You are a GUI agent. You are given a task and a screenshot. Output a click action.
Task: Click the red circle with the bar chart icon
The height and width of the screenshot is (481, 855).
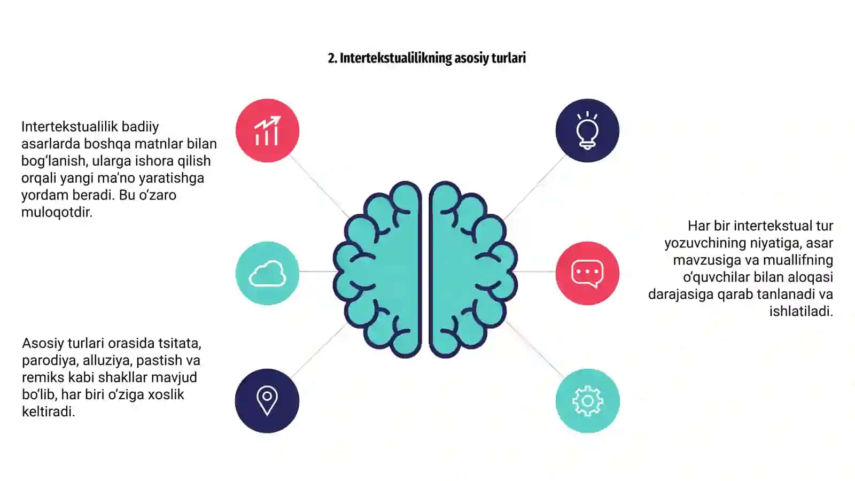pyautogui.click(x=267, y=130)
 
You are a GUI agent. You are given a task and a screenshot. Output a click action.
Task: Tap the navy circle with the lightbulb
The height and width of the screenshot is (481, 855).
pyautogui.click(x=587, y=130)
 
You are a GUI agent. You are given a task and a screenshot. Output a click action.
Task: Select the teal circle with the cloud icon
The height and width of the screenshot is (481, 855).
pyautogui.click(x=267, y=273)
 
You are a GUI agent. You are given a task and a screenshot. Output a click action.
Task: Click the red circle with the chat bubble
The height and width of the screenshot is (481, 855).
pyautogui.click(x=587, y=273)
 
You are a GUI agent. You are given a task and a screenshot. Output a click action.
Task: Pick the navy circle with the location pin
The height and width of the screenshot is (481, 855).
pyautogui.click(x=267, y=400)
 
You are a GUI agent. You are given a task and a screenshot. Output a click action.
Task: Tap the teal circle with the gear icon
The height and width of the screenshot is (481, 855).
pyautogui.click(x=587, y=400)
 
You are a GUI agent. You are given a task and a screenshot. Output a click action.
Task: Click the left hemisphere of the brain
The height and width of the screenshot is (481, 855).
pyautogui.click(x=378, y=269)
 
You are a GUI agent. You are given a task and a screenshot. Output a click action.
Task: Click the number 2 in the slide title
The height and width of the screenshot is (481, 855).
pyautogui.click(x=332, y=58)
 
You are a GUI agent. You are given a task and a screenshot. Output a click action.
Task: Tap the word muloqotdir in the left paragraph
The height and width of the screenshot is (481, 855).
pyautogui.click(x=57, y=212)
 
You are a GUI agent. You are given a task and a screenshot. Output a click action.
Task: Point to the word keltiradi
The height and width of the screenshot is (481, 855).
pyautogui.click(x=49, y=412)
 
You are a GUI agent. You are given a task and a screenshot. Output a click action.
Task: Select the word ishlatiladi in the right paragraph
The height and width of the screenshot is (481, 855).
pyautogui.click(x=801, y=311)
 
